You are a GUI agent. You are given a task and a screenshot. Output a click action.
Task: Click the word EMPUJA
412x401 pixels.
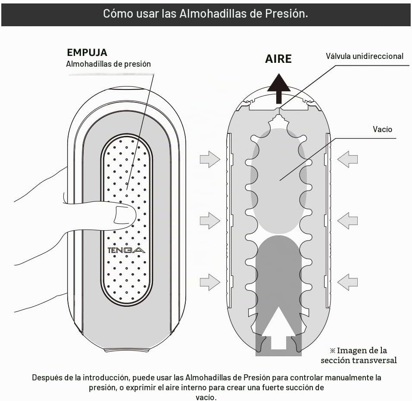click(x=87, y=52)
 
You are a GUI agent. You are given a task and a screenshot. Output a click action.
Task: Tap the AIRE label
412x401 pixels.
click(x=278, y=59)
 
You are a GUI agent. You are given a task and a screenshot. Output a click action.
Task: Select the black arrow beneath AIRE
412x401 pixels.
click(x=279, y=88)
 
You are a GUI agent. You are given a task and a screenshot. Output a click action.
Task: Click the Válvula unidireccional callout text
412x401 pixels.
click(x=365, y=56)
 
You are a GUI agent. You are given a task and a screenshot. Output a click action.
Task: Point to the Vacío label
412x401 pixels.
click(x=382, y=129)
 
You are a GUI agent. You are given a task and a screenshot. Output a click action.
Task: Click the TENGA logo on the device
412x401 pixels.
click(x=126, y=250)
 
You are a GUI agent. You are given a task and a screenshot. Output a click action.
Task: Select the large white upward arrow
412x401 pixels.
click(x=278, y=328)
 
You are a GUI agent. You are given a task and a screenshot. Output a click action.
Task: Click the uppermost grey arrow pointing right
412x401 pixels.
click(x=210, y=159)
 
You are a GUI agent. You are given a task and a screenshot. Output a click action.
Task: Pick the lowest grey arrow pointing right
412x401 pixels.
click(x=210, y=282)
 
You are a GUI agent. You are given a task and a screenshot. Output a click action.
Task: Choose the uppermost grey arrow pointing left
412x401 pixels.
click(x=348, y=159)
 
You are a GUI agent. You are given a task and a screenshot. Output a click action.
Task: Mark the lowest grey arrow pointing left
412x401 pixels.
click(x=348, y=282)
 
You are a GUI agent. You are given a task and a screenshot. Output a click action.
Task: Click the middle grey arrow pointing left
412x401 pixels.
click(x=348, y=221)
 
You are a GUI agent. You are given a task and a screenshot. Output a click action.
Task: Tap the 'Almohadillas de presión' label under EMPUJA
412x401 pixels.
click(x=108, y=64)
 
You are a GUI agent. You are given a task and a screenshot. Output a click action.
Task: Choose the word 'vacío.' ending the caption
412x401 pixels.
click(x=206, y=397)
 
